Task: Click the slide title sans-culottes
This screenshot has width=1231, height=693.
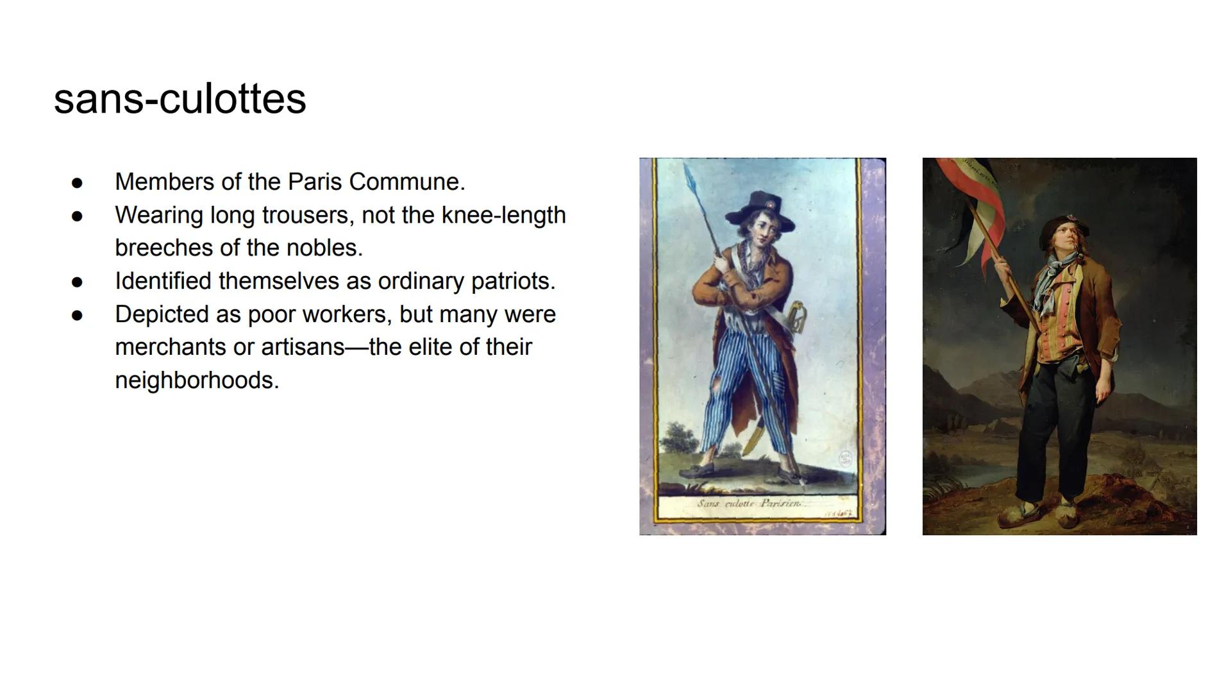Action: pyautogui.click(x=180, y=99)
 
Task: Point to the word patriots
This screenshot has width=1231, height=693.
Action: pyautogui.click(x=513, y=281)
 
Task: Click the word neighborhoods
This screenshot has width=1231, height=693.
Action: pyautogui.click(x=197, y=381)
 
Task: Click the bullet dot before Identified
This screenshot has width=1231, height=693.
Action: pyautogui.click(x=78, y=282)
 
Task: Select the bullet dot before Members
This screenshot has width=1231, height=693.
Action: pyautogui.click(x=78, y=183)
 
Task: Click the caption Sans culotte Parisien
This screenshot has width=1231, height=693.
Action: pyautogui.click(x=749, y=504)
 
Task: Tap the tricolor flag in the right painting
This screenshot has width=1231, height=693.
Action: pyautogui.click(x=972, y=205)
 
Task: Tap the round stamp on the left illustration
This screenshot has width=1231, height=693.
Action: pyautogui.click(x=846, y=459)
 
